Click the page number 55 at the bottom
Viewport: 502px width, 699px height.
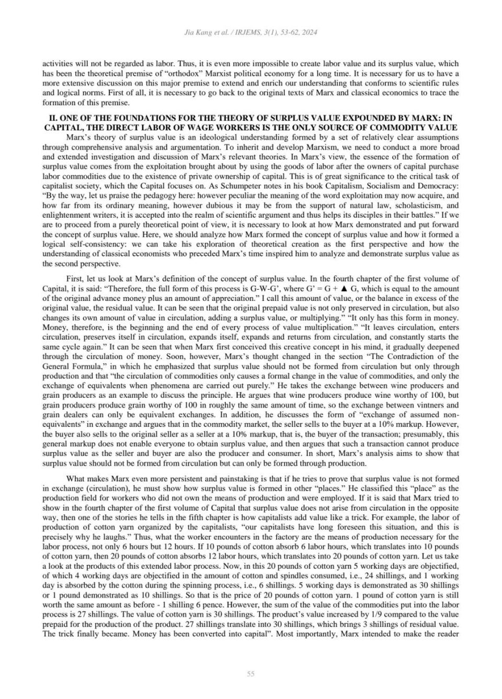coord(250,674)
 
